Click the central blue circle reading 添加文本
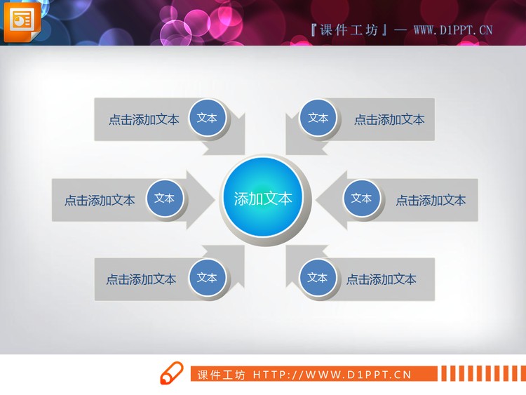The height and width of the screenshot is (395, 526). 262,199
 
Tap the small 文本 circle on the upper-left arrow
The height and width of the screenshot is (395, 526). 207,118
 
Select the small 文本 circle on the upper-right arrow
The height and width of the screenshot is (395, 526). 318,118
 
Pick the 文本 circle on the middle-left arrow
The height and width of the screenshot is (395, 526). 165,199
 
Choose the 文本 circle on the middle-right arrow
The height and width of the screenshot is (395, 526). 362,199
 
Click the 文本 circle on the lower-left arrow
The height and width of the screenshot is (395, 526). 207,278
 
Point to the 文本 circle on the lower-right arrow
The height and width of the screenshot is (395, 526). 318,278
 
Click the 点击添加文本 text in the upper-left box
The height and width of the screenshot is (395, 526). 144,120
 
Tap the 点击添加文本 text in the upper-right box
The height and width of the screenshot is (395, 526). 389,120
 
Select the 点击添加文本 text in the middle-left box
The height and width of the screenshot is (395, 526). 100,201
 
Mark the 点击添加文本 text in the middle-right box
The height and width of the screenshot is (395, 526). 431,201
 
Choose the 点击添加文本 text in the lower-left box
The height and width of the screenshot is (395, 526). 141,279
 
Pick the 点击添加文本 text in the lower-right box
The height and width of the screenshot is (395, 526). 382,279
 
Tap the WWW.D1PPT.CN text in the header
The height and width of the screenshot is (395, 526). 452,29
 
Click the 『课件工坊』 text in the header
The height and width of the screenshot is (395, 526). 348,29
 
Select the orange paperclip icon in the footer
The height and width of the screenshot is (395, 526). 171,374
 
